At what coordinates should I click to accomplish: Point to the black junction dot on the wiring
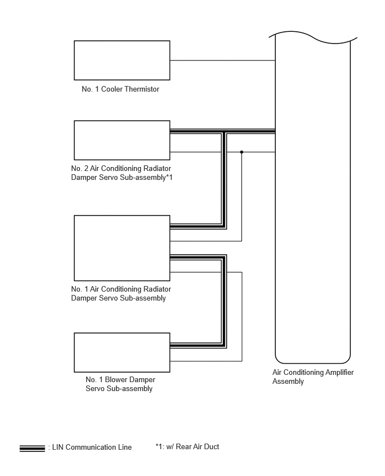coord(241,152)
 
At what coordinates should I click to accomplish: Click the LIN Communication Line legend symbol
coord(32,449)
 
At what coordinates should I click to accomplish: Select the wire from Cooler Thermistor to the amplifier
coord(223,60)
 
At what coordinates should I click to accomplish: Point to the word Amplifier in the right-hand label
coord(340,372)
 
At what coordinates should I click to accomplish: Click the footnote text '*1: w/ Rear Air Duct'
coord(187,446)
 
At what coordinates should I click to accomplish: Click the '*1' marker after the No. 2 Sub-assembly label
coord(169,177)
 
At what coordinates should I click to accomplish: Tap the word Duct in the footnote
coord(212,446)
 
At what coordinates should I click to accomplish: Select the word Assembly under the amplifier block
coord(288,382)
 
